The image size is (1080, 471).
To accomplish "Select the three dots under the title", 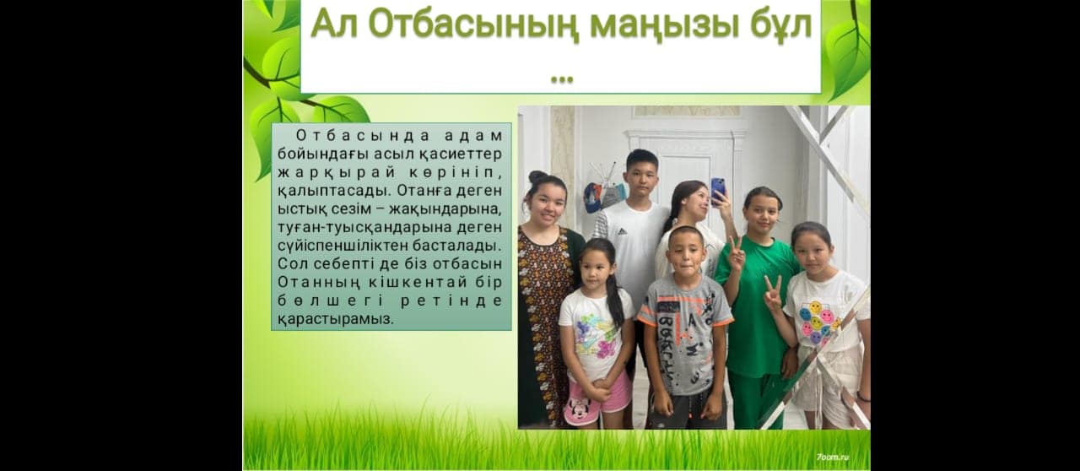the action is (562, 79).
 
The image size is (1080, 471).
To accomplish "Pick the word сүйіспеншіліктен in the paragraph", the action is (342, 246).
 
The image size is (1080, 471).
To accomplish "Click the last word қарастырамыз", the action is (336, 319).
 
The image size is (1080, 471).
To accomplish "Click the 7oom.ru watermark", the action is (833, 457).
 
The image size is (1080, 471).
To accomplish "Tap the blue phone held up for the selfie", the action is (718, 191).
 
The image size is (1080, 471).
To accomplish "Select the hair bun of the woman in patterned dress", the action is (538, 176).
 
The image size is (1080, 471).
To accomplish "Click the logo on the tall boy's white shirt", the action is (623, 231).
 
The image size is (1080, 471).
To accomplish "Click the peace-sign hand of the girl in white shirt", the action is (772, 293).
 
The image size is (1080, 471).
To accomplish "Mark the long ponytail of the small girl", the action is (613, 297).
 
